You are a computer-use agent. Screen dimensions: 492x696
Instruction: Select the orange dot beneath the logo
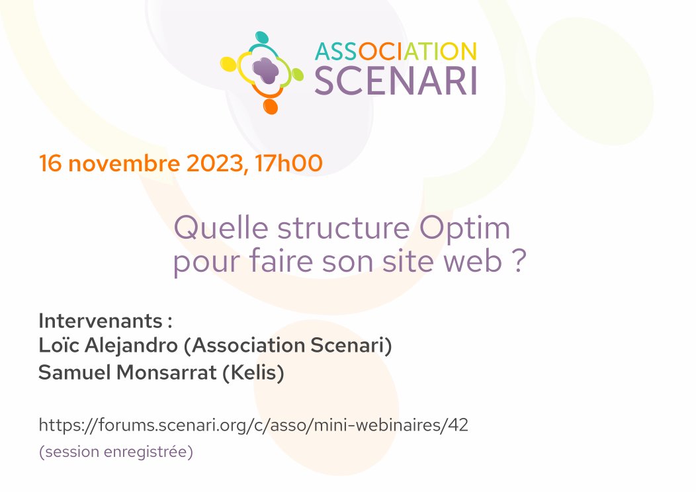[x=269, y=106]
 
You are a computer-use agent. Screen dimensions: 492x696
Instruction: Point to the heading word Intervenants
[x=100, y=321]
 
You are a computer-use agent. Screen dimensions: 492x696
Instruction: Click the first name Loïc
[x=58, y=346]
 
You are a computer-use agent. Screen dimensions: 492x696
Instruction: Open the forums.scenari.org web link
[x=253, y=425]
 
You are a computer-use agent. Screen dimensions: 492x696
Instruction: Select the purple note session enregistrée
[x=116, y=453]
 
